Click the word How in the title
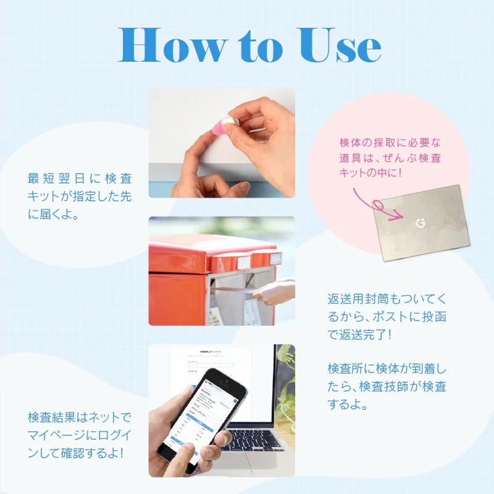tap(169, 45)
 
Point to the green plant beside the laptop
tap(285, 383)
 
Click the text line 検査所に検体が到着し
tap(387, 369)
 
